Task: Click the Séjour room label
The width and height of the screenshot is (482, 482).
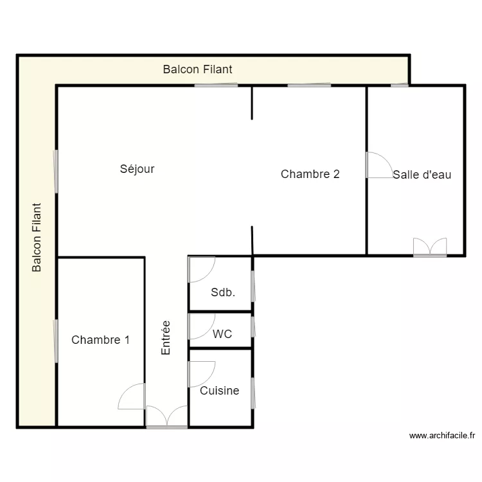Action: click(137, 169)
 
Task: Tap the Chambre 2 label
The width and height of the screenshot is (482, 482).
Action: click(310, 174)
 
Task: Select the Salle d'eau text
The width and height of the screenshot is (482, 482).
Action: click(422, 174)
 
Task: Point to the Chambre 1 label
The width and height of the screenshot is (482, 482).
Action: click(100, 340)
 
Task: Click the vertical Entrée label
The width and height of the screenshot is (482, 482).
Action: click(166, 338)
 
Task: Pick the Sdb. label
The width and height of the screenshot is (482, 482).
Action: click(223, 292)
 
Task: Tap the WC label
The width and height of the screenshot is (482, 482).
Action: click(222, 334)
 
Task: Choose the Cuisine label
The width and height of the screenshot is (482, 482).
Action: click(219, 390)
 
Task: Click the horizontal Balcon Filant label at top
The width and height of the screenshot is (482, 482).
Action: click(197, 69)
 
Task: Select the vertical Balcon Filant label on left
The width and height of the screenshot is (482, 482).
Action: click(37, 238)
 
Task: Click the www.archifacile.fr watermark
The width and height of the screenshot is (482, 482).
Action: click(442, 436)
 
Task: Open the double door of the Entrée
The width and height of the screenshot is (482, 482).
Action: click(166, 417)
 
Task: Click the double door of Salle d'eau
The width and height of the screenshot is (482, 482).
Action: click(430, 247)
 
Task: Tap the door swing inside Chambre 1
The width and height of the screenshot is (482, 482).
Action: click(133, 397)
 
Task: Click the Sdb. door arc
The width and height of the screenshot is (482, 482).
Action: click(201, 269)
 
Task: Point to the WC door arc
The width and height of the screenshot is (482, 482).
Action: click(201, 326)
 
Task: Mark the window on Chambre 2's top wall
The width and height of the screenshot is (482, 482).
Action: click(309, 85)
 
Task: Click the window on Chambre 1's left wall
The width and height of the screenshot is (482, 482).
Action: click(57, 341)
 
